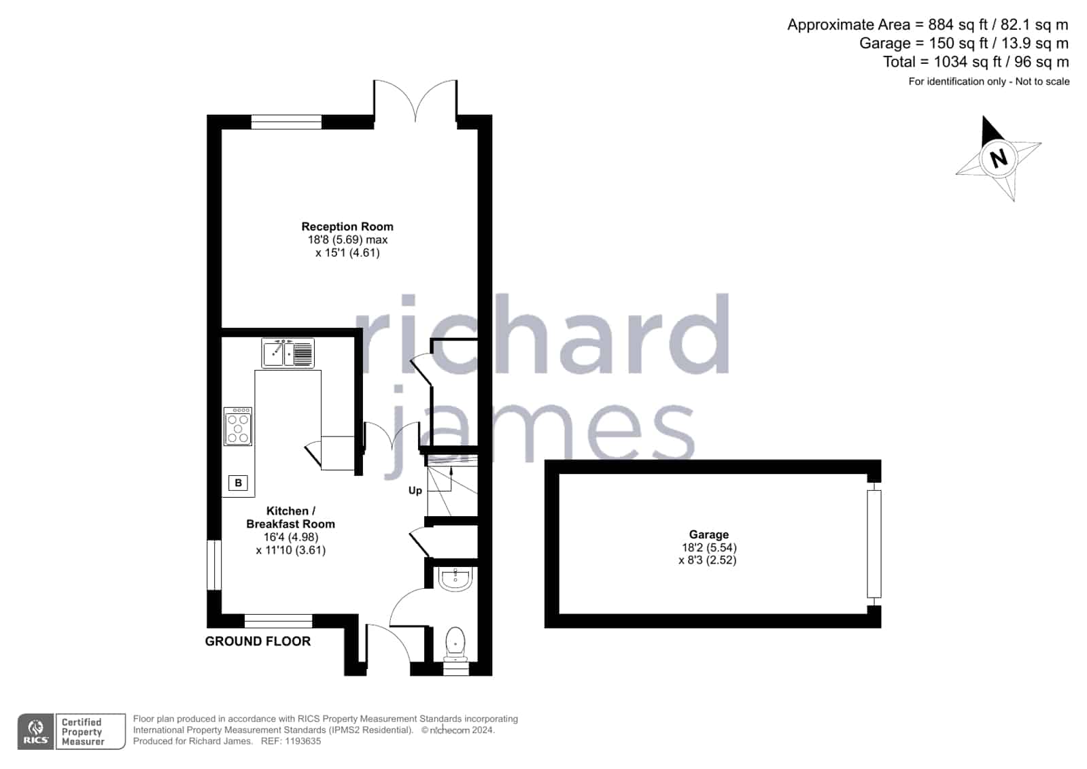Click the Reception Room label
pos(347,226)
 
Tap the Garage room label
pos(709,534)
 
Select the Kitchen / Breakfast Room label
pos(291,517)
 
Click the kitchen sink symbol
pos(288,353)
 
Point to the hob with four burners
pos(238,427)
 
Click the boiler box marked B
pos(238,483)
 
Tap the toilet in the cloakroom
pos(455,644)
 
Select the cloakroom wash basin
pos(455,579)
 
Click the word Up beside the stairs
pos(415,491)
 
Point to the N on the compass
pos(998,158)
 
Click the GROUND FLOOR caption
pos(258,641)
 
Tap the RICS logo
pos(36,732)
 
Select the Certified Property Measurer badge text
pos(82,732)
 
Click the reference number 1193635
pos(303,741)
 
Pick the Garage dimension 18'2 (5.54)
pos(709,547)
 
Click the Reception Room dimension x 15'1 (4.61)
pos(347,253)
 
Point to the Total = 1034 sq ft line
pos(976,62)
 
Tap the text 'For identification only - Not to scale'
pos(989,82)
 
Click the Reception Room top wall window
pos(286,122)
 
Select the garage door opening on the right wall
pos(874,544)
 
